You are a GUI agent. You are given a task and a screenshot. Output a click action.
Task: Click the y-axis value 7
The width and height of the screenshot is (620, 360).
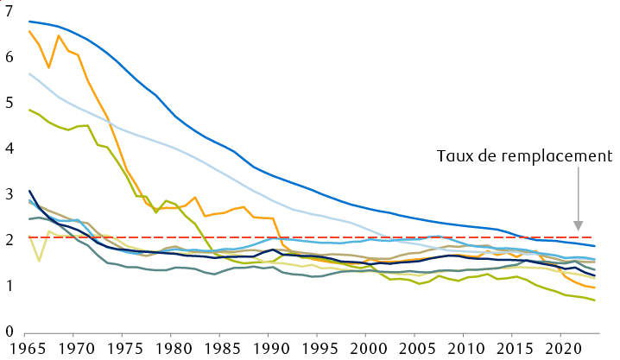tap(9, 11)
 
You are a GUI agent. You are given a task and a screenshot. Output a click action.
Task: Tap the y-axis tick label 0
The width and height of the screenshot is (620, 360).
tap(9, 332)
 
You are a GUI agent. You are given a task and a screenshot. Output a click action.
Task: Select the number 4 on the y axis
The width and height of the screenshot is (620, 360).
tap(9, 148)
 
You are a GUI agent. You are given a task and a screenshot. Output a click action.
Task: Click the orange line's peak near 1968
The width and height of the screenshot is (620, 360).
tap(59, 35)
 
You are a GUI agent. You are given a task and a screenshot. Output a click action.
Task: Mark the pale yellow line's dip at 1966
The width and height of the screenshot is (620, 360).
tap(39, 260)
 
